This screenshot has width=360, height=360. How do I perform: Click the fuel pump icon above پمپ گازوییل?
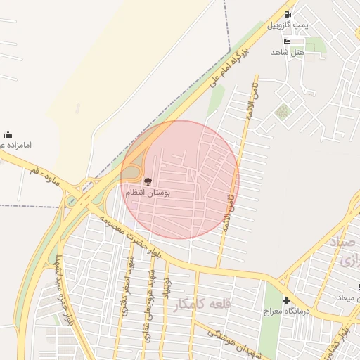coord(288,14)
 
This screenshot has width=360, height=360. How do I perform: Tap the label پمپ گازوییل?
coord(288,25)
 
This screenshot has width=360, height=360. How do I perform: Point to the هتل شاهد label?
coord(288,52)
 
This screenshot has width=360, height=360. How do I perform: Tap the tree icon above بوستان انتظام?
coord(146,181)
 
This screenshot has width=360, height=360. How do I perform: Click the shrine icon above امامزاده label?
coord(8,134)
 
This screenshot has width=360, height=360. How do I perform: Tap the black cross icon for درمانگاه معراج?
coord(285,300)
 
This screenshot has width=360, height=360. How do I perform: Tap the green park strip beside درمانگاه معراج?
coord(269,323)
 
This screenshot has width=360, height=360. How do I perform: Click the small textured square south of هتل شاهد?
coord(283,111)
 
